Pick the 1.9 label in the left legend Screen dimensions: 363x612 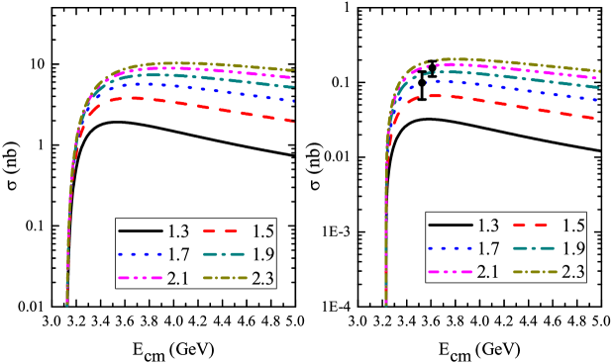pos(262,254)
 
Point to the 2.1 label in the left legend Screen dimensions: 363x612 pos(179,278)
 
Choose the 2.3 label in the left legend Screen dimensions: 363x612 pos(262,278)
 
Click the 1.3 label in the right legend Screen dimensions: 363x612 pos(488,225)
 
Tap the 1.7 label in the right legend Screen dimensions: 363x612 pos(488,248)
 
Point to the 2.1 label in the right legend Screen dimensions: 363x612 pos(488,271)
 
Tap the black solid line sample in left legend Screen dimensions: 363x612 pos(139,230)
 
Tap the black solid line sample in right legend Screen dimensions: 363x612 pos(448,225)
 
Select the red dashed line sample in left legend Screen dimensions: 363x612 pos(224,230)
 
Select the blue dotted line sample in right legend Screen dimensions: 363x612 pos(448,248)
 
